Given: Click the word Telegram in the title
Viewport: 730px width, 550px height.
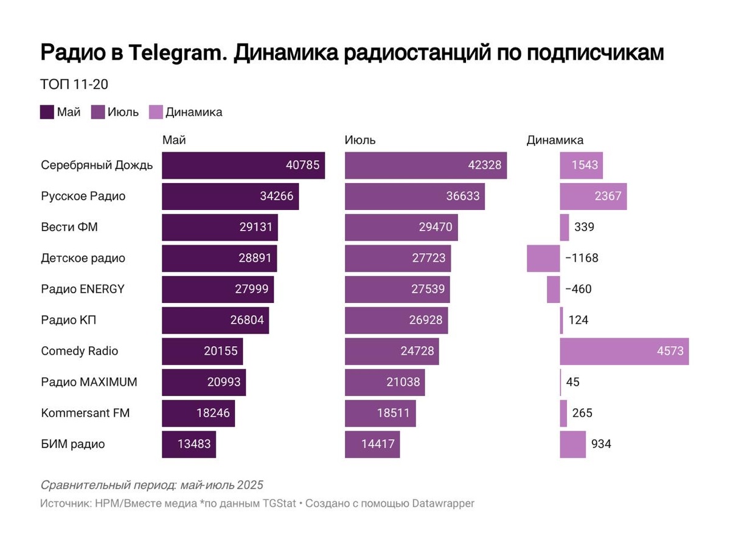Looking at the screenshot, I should pos(176,53).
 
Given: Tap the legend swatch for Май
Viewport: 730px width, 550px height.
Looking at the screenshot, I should pos(47,112).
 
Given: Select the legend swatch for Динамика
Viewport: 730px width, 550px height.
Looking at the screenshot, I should pos(156,112).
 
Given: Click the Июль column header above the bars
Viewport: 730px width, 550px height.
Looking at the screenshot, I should pos(360,140).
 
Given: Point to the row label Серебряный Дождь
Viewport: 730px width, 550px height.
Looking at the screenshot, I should pos(97,165).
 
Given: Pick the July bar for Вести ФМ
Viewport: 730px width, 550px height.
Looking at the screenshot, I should pos(401,227).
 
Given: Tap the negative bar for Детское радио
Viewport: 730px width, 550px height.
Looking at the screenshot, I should pos(543,258).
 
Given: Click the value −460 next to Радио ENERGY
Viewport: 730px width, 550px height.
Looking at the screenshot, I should pos(578,289).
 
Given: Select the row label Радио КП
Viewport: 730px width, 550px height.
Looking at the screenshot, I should pos(69,320).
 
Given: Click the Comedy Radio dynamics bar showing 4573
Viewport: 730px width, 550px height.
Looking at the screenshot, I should pos(624,351).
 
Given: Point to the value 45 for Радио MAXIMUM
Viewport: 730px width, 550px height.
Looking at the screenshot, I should pos(572,382).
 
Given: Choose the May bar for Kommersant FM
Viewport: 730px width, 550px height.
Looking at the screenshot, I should pos(198,413).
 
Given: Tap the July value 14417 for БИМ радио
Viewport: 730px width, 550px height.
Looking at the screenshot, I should pos(378,444).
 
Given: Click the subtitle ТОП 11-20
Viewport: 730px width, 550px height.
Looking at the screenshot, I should pos(74,85).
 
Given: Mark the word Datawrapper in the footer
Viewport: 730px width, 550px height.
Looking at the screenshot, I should pos(443,504).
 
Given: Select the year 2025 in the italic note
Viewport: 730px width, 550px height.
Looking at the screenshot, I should pos(250,485).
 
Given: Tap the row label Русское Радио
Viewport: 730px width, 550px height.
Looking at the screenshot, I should pos(83,196).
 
